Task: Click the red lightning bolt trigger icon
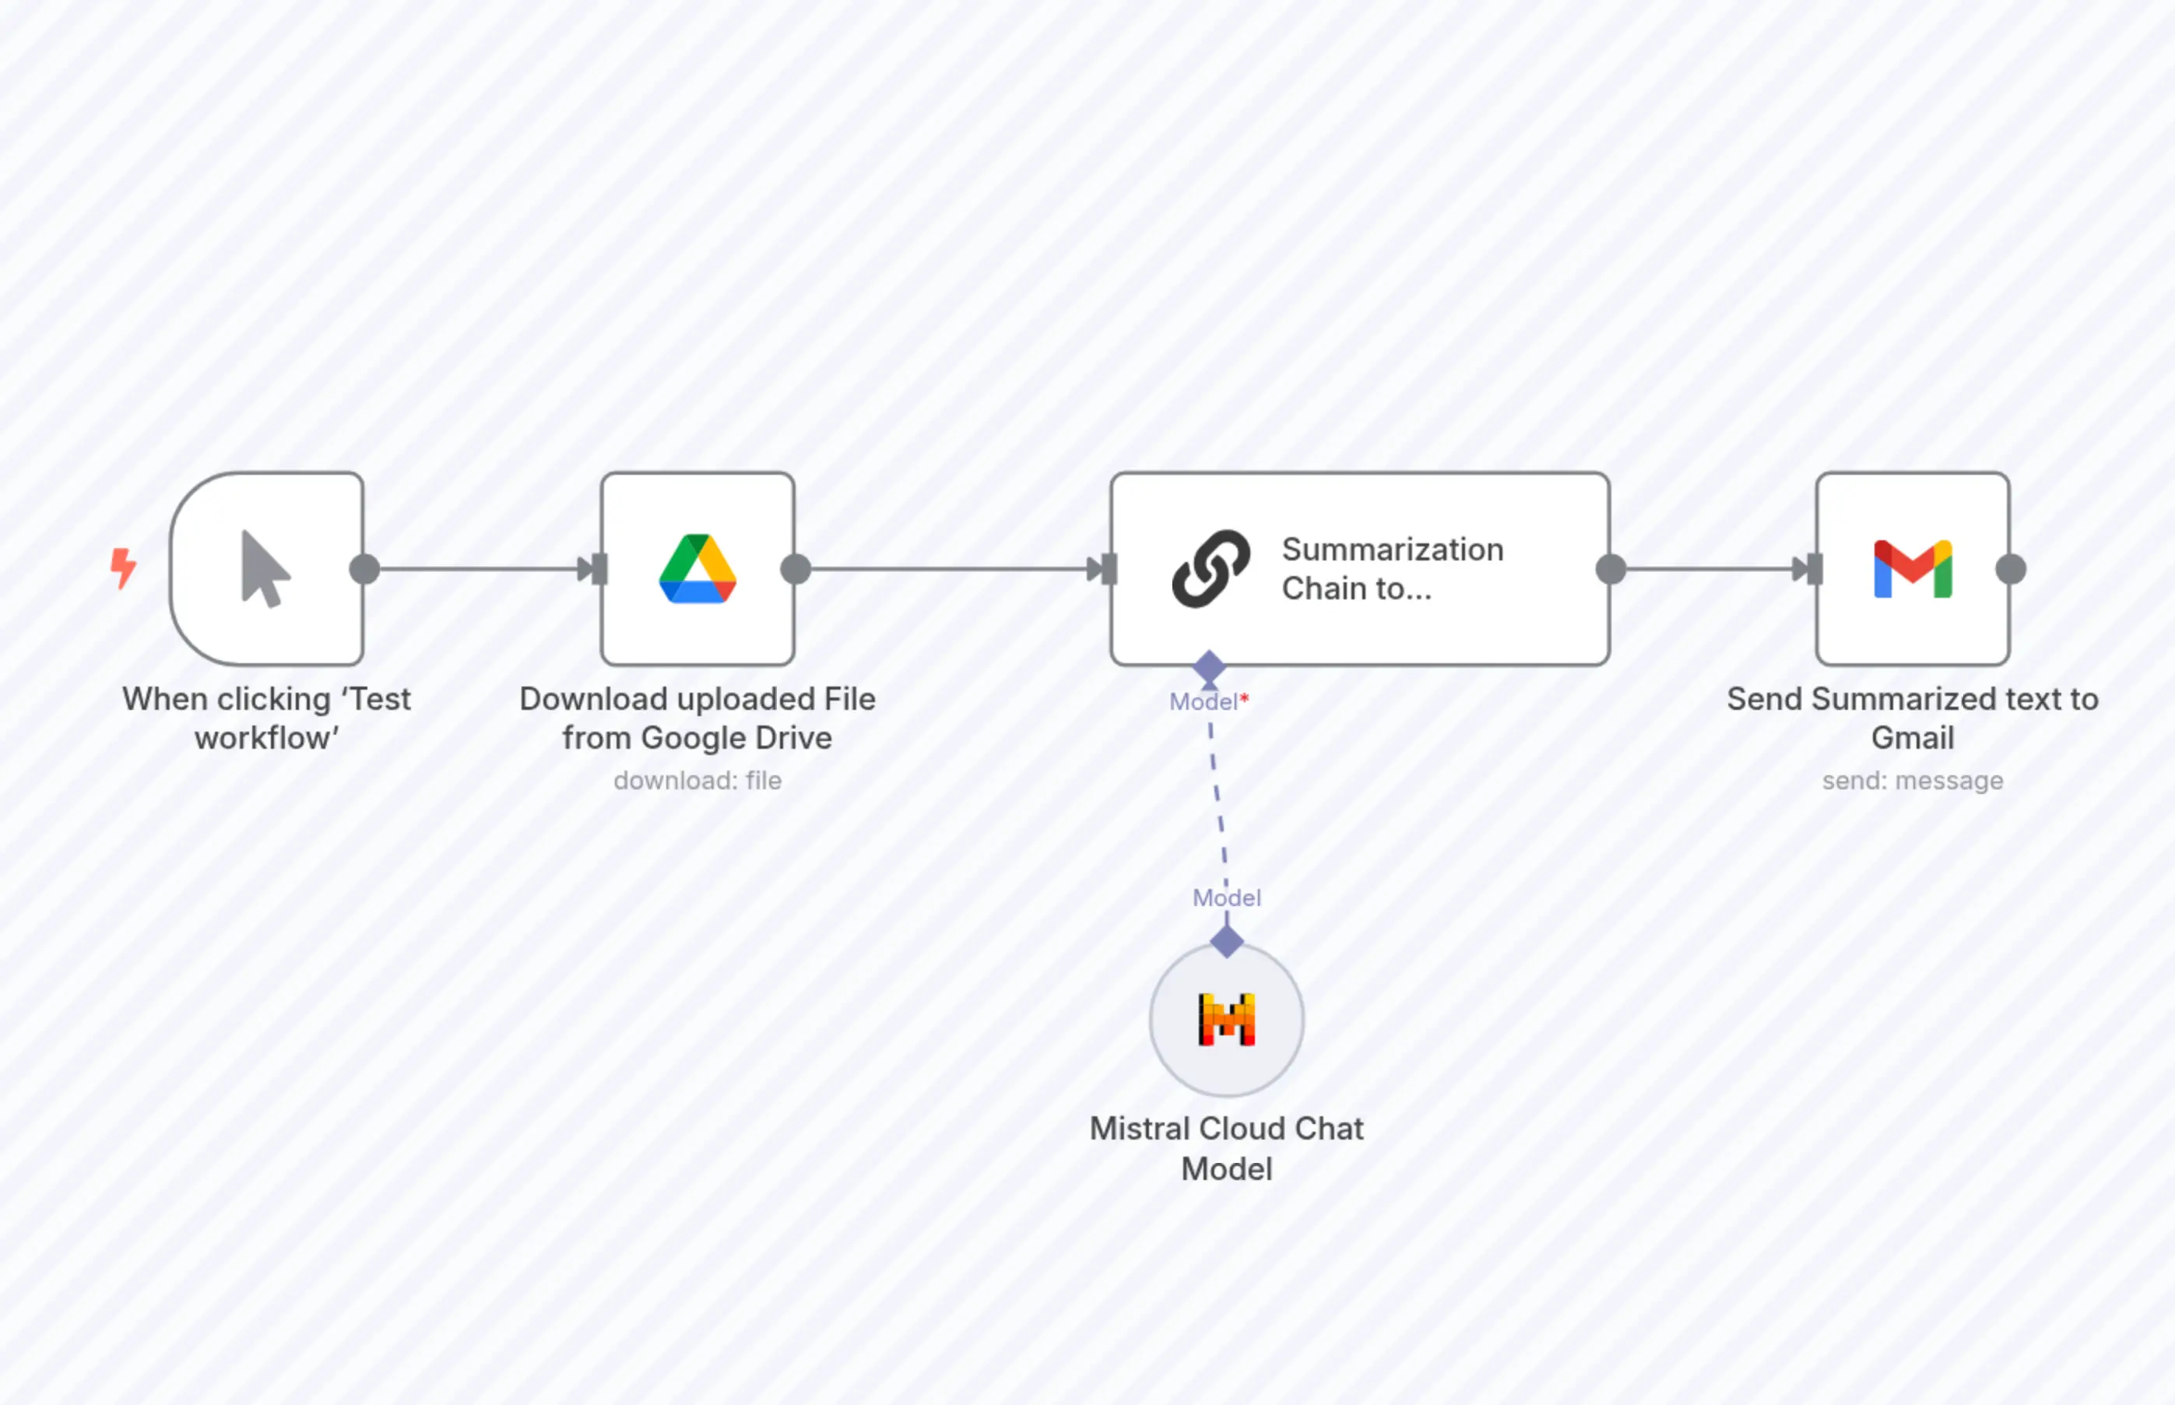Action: point(123,567)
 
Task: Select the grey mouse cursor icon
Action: point(265,569)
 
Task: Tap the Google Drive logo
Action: point(697,569)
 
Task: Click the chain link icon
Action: point(1210,569)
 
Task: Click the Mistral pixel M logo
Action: point(1226,1019)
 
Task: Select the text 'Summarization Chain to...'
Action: point(1391,569)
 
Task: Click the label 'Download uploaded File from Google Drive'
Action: point(697,718)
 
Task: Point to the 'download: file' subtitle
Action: point(697,781)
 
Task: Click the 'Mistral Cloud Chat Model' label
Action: point(1226,1149)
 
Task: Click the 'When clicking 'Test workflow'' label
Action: point(266,718)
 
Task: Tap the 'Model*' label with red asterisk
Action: point(1208,701)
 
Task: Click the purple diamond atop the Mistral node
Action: point(1226,940)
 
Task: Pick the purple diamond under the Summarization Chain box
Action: point(1209,667)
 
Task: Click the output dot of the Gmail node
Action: point(2011,569)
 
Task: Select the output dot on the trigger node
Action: point(365,569)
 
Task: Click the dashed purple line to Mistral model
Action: point(1218,803)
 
